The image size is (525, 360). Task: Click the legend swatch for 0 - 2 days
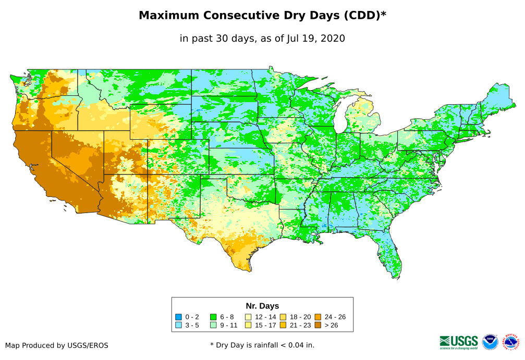179,317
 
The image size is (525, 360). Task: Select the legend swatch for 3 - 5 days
179,326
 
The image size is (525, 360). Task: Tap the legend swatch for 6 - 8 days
213,317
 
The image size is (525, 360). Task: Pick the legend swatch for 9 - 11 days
213,326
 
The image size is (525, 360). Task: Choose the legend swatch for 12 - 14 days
248,317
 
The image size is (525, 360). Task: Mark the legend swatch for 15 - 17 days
248,326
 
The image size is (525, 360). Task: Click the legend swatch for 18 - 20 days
283,317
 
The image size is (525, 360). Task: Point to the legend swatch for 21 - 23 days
283,326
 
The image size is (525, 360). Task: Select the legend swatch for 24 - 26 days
318,317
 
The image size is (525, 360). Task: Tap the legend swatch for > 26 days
318,326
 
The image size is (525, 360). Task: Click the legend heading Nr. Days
262,306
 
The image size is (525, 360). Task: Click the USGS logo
459,342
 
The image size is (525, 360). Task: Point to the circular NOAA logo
490,342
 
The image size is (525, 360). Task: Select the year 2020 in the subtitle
333,38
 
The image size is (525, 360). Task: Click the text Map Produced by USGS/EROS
57,345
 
